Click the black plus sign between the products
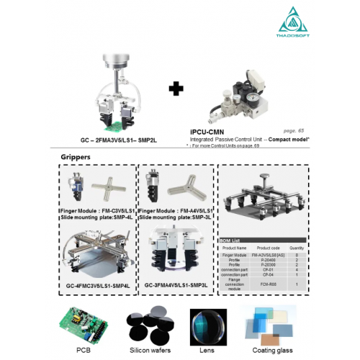pyautogui.click(x=175, y=90)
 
